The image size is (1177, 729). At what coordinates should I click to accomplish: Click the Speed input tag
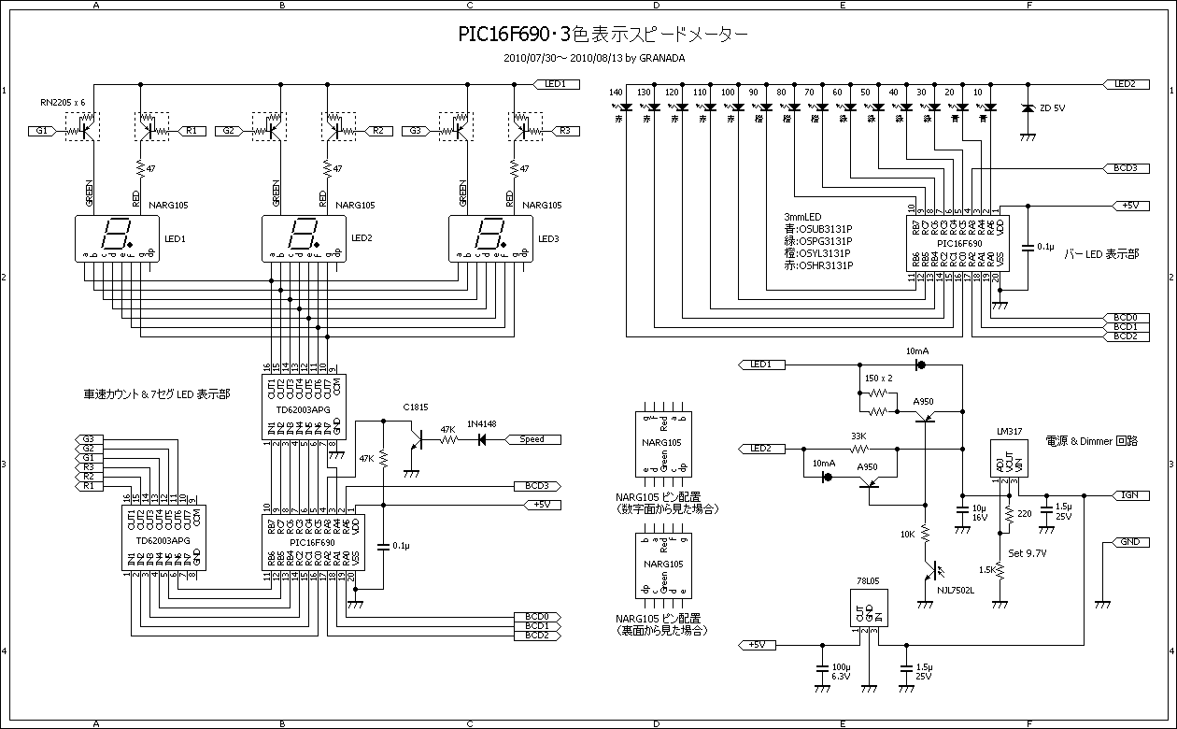click(x=532, y=438)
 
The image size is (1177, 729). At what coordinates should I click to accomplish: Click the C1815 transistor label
click(x=415, y=407)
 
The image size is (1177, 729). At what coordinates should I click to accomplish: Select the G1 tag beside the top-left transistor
click(x=41, y=132)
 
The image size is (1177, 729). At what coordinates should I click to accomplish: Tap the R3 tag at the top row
click(x=563, y=132)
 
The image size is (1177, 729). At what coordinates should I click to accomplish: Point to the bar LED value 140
click(x=615, y=93)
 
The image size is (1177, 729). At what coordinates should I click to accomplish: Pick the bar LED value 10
click(x=977, y=93)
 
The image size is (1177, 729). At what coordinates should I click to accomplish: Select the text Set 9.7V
click(x=1028, y=552)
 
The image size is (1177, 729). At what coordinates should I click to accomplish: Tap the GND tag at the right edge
click(x=1130, y=542)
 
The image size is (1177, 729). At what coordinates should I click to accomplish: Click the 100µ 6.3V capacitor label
click(x=841, y=671)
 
